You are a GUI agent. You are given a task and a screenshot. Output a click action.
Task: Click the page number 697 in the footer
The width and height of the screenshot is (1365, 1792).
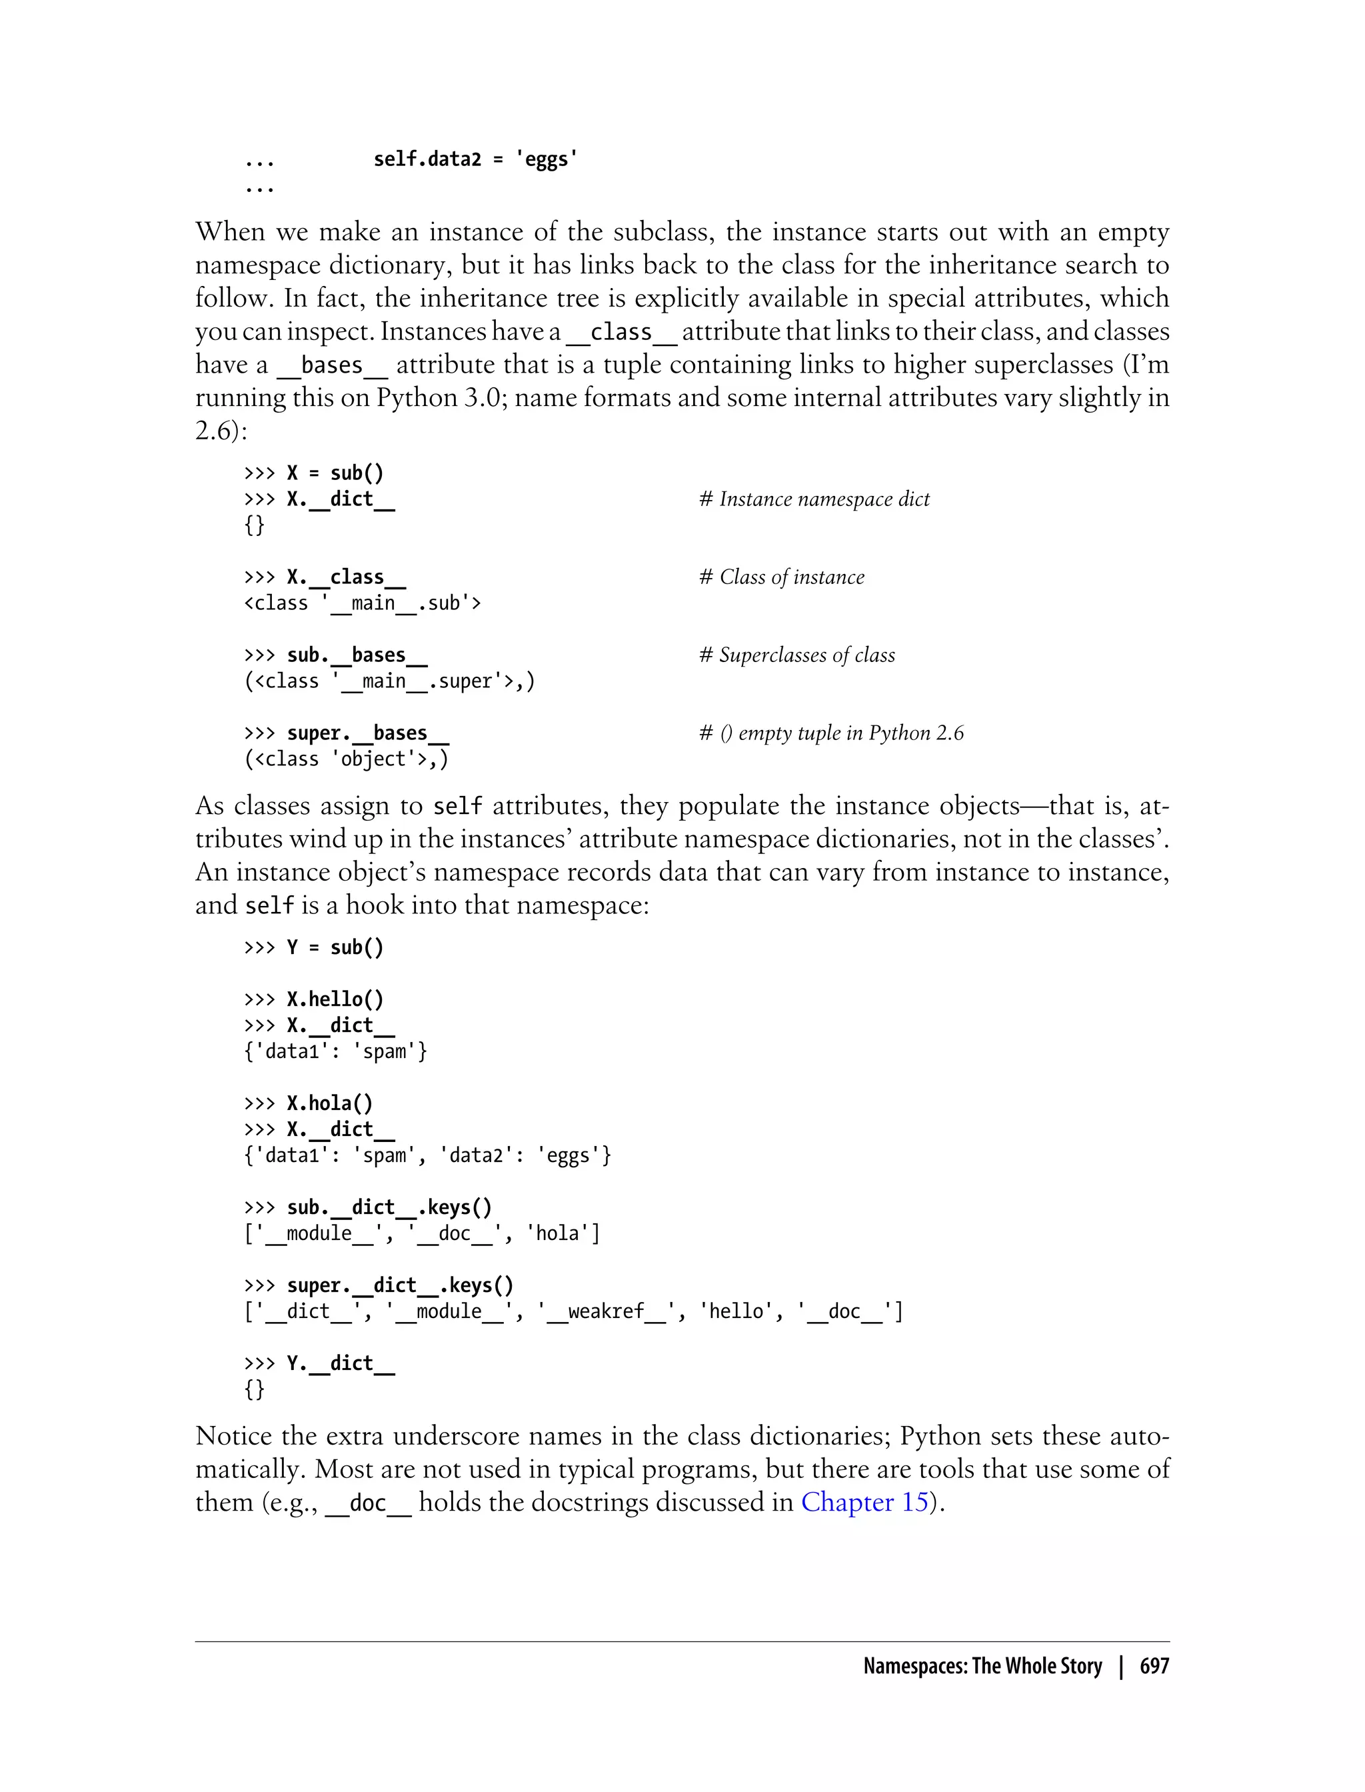point(1154,1666)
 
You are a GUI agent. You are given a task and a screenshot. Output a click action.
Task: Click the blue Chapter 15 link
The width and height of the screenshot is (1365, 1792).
point(864,1502)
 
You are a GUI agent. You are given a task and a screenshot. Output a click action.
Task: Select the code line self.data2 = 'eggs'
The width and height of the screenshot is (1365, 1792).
point(475,159)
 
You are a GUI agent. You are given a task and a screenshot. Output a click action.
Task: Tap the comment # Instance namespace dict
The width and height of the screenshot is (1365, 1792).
point(814,499)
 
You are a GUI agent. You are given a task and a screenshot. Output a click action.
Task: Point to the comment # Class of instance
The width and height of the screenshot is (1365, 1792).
point(782,577)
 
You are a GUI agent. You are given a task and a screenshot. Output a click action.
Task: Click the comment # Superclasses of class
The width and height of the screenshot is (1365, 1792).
point(797,655)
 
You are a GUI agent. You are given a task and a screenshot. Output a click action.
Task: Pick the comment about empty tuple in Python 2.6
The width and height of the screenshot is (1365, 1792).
point(831,733)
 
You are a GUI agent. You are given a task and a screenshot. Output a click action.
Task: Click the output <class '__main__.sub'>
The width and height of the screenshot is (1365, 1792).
point(363,603)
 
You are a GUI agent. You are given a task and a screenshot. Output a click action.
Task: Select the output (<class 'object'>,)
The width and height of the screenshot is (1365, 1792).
point(346,759)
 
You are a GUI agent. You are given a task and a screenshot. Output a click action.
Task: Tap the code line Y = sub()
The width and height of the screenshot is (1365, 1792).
point(335,947)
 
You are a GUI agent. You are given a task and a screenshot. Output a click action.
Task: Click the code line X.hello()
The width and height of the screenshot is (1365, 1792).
point(335,999)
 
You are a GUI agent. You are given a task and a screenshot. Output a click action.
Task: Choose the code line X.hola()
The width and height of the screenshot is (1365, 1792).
point(330,1103)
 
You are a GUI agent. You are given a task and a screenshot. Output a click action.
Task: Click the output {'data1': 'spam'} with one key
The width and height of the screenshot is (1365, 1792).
point(335,1051)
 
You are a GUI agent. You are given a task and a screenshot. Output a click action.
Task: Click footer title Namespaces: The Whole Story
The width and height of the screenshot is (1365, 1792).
point(982,1666)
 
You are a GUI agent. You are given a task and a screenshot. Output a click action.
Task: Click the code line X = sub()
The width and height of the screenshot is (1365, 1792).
point(335,473)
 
